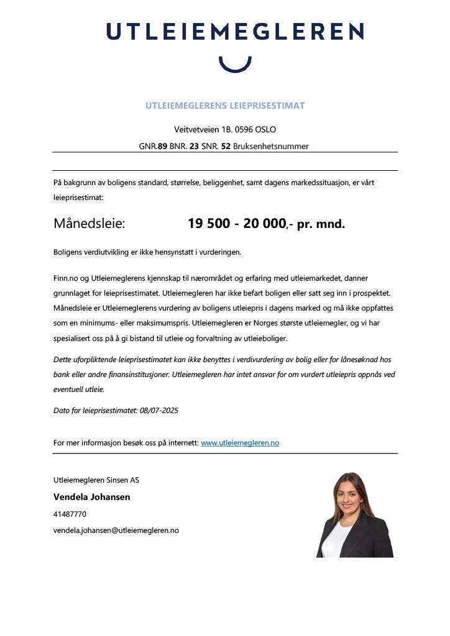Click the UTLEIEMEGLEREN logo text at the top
point(235,32)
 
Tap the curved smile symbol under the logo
point(236,64)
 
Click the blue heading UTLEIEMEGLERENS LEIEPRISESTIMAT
point(225,106)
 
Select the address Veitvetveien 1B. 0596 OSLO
point(225,130)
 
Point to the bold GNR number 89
point(162,147)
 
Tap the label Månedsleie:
point(89,224)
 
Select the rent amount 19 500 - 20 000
point(236,224)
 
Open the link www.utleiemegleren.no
point(240,443)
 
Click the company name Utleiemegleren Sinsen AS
point(96,480)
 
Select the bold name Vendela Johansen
point(92,497)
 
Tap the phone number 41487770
point(70,514)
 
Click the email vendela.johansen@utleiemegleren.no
point(116,530)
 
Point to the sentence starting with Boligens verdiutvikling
point(147,252)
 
